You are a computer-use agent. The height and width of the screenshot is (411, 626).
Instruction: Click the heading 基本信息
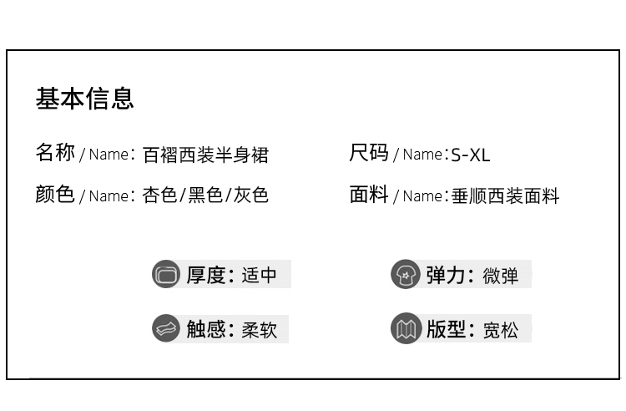(84, 99)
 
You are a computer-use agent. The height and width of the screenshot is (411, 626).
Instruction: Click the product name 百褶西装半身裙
(205, 155)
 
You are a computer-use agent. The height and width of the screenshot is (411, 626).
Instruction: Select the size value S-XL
(470, 155)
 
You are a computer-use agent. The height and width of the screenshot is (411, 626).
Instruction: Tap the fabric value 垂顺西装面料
(505, 196)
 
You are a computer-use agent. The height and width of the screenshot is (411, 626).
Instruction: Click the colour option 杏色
(159, 195)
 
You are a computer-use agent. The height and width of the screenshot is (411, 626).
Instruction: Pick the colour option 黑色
(205, 195)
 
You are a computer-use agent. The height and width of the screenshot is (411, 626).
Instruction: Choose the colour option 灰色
(251, 195)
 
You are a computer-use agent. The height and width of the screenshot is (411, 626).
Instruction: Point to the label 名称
(55, 153)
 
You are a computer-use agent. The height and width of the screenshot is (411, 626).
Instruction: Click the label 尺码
(369, 153)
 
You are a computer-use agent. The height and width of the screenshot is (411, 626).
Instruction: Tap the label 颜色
(55, 194)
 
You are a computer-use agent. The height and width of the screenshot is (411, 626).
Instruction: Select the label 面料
(369, 194)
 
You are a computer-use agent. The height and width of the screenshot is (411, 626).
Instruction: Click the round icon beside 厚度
(166, 274)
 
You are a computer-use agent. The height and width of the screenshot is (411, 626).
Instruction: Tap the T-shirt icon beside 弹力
(405, 274)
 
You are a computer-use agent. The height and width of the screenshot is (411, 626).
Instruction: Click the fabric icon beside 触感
(166, 328)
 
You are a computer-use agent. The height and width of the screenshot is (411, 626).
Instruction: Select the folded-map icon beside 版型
(405, 328)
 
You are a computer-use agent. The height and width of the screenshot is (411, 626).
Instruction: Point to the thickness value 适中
(259, 275)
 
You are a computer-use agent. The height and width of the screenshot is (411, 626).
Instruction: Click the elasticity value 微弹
(500, 276)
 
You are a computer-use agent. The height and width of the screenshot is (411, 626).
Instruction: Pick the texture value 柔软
(259, 330)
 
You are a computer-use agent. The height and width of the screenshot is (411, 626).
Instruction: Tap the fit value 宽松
(500, 330)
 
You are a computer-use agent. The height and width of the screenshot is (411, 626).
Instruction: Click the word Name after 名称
(109, 155)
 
